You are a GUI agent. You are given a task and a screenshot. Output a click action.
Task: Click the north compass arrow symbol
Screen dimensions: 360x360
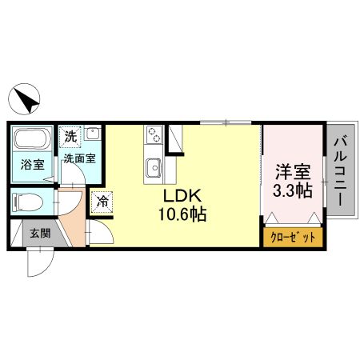26,100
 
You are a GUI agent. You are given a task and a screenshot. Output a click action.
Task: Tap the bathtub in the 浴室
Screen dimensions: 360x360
33,141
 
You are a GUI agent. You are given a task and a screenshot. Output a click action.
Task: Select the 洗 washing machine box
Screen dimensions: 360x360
71,136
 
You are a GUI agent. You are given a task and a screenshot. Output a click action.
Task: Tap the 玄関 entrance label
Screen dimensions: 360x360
39,234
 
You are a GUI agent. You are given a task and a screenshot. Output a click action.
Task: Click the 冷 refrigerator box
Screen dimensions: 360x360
101,202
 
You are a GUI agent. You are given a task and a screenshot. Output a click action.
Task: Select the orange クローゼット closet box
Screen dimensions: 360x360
293,238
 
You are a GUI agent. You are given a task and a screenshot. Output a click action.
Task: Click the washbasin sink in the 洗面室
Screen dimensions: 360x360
93,134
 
